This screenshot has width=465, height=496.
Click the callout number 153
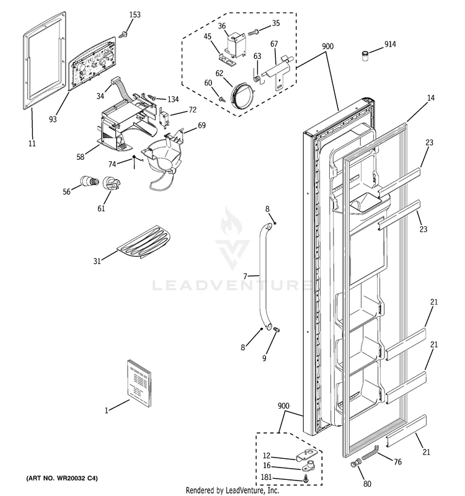click(x=135, y=14)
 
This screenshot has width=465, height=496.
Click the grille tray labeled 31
click(x=144, y=242)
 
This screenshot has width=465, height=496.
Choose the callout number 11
click(x=32, y=143)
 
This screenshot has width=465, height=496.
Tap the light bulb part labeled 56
click(x=88, y=182)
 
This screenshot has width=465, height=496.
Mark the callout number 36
click(x=223, y=25)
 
